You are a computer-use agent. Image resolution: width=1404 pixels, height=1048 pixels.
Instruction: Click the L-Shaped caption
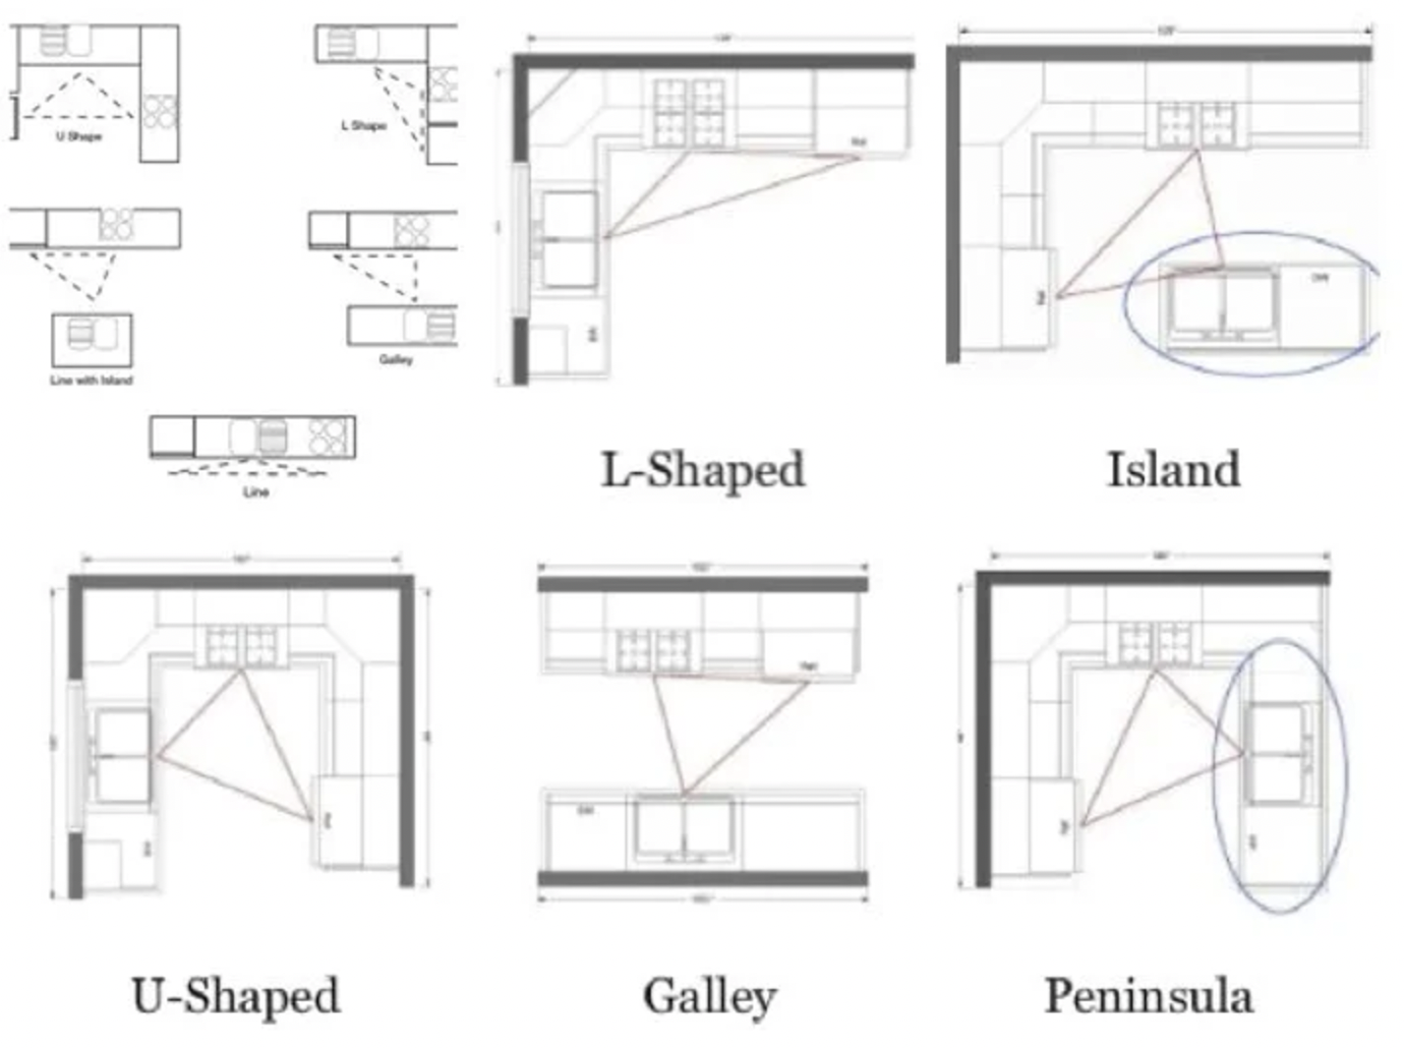[x=703, y=470]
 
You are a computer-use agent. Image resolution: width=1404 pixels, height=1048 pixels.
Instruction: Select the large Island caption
[x=1173, y=470]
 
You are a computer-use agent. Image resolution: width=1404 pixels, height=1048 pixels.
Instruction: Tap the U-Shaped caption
[x=236, y=995]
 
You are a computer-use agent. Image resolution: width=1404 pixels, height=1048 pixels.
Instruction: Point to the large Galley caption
[x=710, y=996]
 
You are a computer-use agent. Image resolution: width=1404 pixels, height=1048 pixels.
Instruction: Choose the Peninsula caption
[x=1148, y=996]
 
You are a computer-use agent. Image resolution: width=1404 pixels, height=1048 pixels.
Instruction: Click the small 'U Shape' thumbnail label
[x=79, y=137]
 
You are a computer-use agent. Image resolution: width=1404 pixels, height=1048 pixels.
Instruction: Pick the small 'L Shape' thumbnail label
[x=364, y=126]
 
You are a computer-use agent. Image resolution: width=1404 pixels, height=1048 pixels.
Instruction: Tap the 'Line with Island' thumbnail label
[x=91, y=380]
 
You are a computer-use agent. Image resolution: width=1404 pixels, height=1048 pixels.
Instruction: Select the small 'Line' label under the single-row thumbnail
[x=256, y=492]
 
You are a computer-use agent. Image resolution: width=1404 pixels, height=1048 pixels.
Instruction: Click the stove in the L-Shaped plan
[x=689, y=113]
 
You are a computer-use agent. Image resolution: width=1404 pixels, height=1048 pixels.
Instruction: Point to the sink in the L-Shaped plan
[x=569, y=239]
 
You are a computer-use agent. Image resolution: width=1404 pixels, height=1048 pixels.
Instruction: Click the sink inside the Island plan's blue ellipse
[x=1221, y=304]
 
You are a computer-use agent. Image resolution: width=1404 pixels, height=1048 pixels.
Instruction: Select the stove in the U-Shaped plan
[x=242, y=645]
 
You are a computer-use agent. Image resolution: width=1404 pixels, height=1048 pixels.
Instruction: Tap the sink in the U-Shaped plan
[x=122, y=755]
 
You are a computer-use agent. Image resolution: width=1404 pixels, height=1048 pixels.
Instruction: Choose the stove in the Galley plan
[x=654, y=651]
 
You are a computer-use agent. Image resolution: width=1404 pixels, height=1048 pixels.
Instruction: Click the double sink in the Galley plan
[x=684, y=829]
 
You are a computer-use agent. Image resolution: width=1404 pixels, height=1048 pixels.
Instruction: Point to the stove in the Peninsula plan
[x=1155, y=644]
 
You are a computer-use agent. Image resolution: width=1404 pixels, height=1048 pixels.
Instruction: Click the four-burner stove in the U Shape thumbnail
[x=160, y=111]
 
